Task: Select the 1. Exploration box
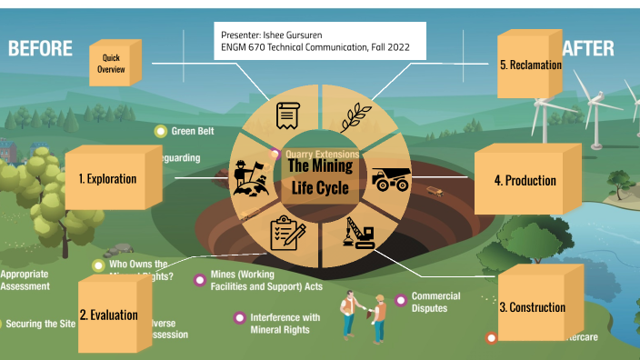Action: coord(106,179)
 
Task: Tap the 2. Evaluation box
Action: coord(108,315)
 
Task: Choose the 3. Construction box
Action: coord(532,307)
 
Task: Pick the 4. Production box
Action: coord(525,181)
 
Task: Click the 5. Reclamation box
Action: coord(530,65)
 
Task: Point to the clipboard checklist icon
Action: coord(288,234)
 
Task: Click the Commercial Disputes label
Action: coord(435,302)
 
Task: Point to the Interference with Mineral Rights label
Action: coord(285,323)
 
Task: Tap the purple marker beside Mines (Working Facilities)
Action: coord(199,280)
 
